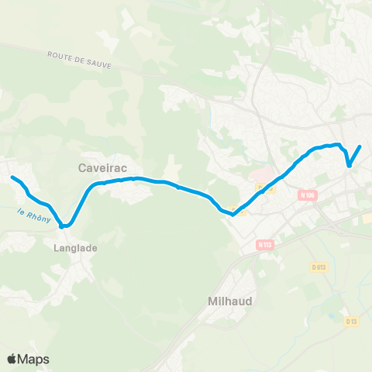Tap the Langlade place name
(75, 248)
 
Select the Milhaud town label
(230, 301)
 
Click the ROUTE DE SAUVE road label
(79, 60)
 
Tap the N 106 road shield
(308, 196)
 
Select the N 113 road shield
(266, 245)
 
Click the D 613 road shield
(318, 267)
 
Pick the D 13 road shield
(352, 320)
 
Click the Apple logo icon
(12, 359)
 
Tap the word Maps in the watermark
(34, 359)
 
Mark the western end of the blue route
(12, 177)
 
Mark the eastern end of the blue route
(360, 146)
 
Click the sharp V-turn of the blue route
(350, 165)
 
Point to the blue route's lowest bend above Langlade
(64, 226)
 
